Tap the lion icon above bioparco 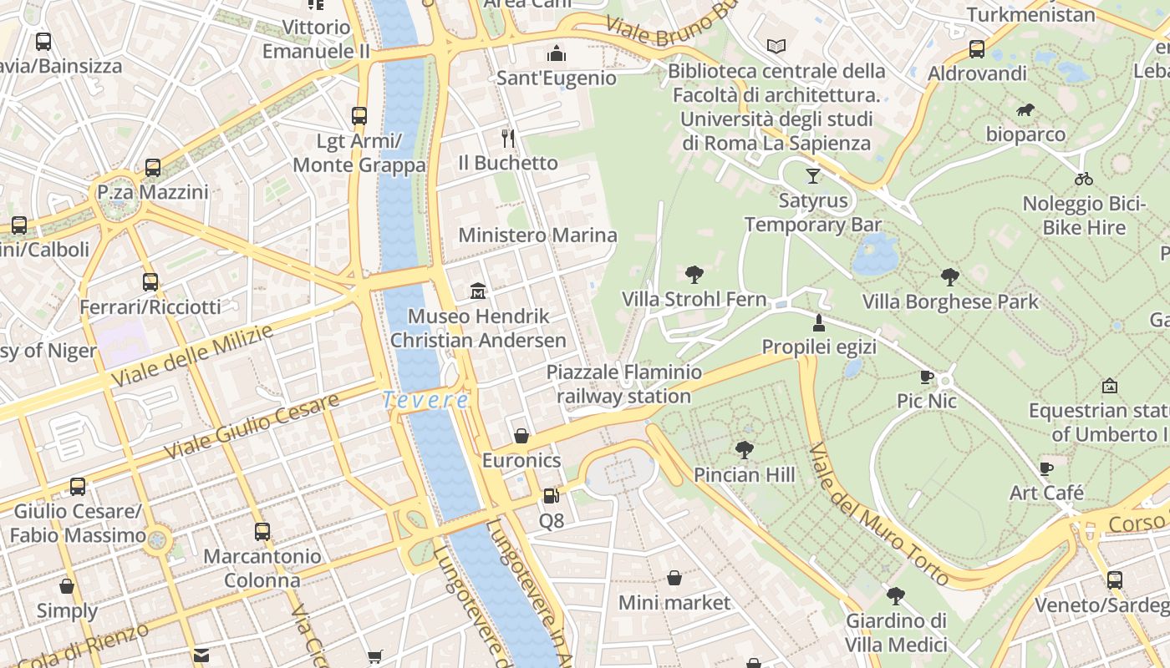pos(1025,110)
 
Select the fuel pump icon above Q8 pos(551,496)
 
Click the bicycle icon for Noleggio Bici pos(1084,179)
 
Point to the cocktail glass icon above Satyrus pos(812,175)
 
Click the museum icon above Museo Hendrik pos(478,291)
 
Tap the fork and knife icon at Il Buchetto pos(507,138)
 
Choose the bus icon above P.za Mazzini pos(153,168)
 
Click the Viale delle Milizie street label pos(192,356)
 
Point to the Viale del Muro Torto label pos(879,514)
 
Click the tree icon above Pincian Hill pos(745,450)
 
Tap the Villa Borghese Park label pos(950,301)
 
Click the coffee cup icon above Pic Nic pos(926,377)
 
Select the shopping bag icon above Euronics pos(521,436)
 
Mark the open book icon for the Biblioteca pos(776,47)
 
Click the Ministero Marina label pos(537,235)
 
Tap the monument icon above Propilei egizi pos(819,322)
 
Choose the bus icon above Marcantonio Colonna pos(262,531)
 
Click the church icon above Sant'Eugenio pos(557,54)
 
